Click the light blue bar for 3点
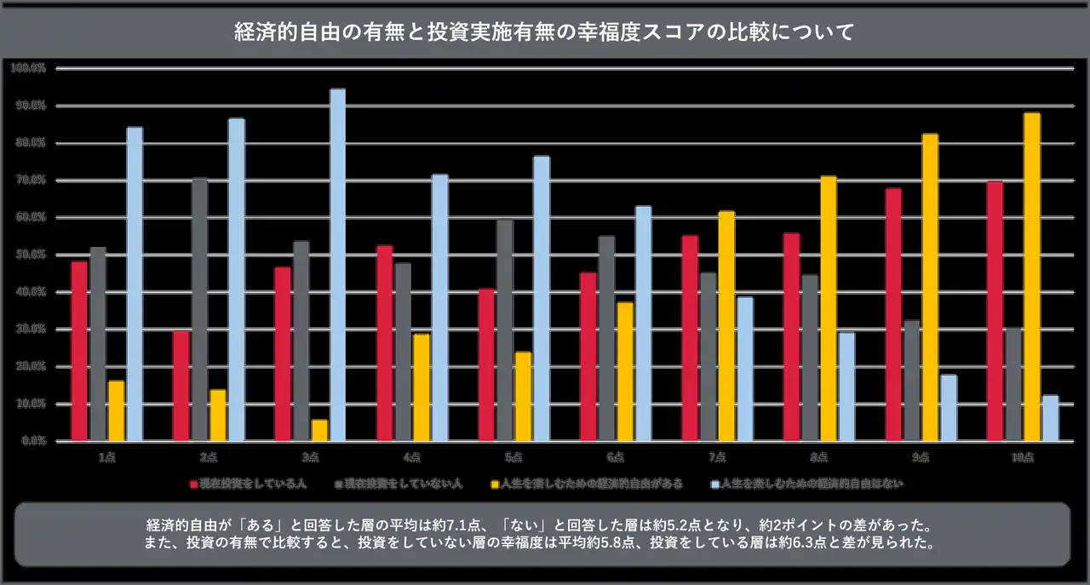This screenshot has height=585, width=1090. coord(338,265)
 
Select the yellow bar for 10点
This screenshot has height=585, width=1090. coord(1031,277)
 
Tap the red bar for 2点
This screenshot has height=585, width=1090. coord(181,386)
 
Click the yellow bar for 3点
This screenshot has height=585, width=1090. coord(319,430)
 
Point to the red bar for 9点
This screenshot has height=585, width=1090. coord(892,314)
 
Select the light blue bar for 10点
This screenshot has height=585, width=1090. coord(1050,418)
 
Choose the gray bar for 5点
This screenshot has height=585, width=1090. coord(505,330)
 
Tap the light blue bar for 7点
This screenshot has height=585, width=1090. coord(745,369)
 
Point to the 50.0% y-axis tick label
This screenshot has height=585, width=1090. coord(30,255)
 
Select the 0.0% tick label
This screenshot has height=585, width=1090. coord(32,441)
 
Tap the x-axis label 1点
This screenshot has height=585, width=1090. coord(107,457)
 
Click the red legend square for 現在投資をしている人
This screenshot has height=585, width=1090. coord(194,484)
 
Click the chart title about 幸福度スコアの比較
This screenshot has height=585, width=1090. coord(544,33)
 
